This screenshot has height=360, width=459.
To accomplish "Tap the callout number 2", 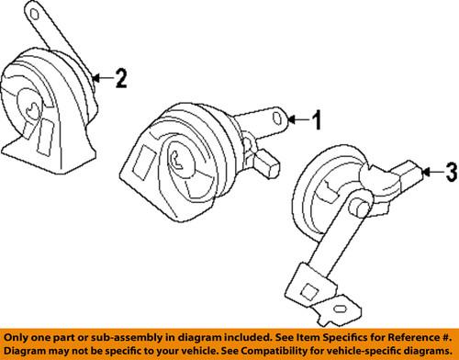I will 121,80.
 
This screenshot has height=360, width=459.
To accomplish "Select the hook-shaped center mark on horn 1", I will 174,162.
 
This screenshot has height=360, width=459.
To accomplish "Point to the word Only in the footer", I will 17,338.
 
